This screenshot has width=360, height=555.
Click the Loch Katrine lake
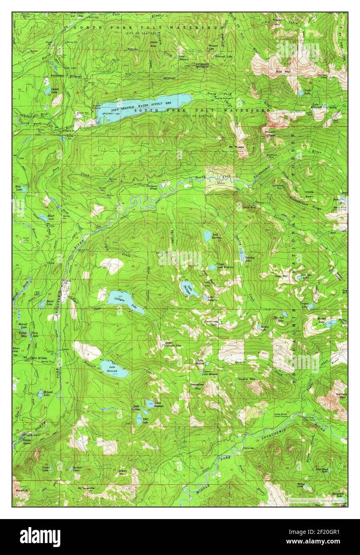pyautogui.click(x=207, y=235)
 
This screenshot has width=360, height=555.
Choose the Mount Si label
pyautogui.click(x=21, y=490)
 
